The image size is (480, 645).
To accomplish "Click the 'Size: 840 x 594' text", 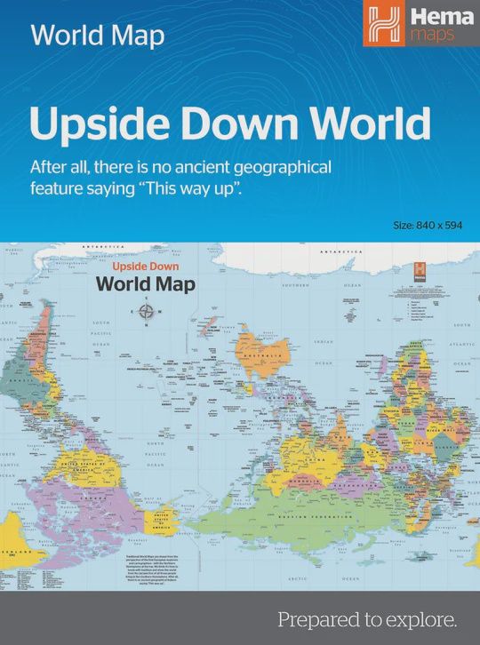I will (428, 225).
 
